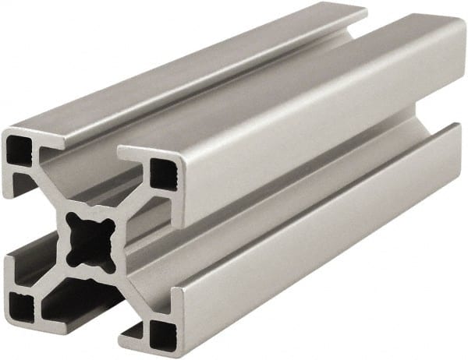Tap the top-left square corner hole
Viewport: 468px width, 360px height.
[x=18, y=149]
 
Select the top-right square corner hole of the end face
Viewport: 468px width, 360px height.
[x=163, y=173]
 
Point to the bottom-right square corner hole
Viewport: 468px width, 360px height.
[x=161, y=334]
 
